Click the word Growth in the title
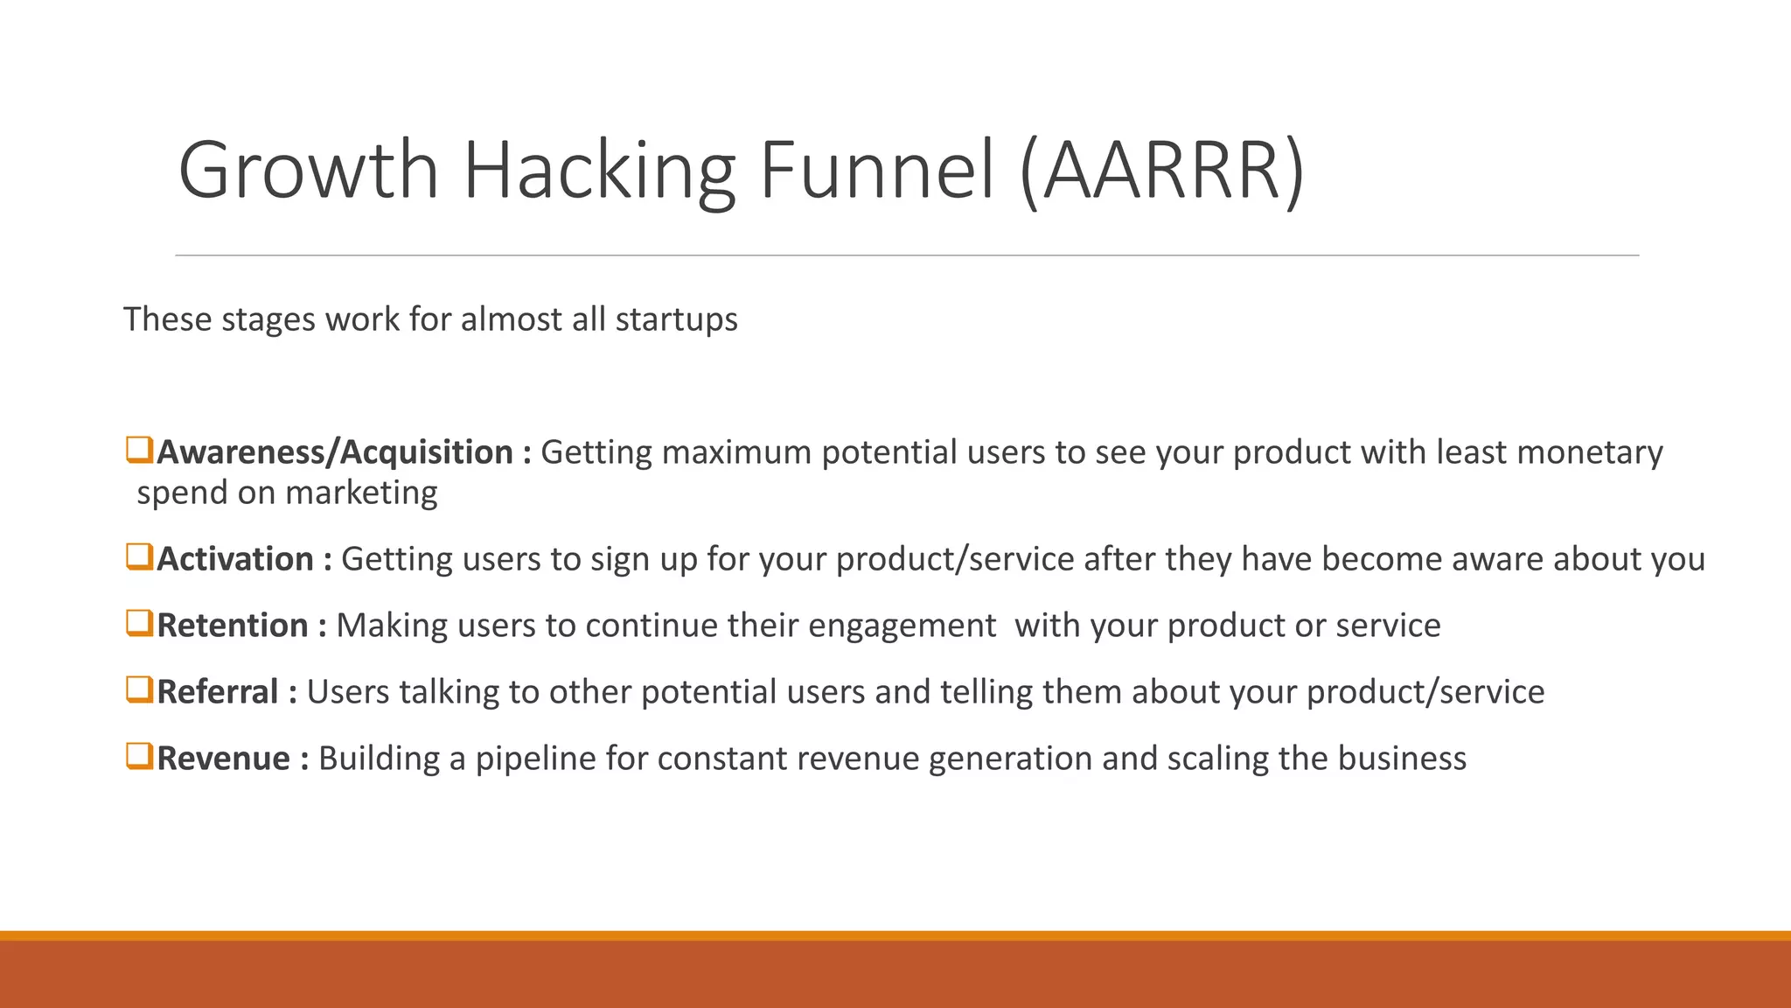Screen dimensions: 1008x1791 click(x=308, y=171)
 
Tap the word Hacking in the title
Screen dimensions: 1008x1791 click(x=598, y=171)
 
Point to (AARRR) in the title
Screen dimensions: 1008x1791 click(x=1162, y=171)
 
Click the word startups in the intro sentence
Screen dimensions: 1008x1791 click(x=676, y=319)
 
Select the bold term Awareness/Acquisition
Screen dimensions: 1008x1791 click(x=335, y=452)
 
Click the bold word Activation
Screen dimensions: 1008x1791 click(x=235, y=559)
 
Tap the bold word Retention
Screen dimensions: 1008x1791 click(x=233, y=626)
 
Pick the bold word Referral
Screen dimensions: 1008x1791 click(x=218, y=692)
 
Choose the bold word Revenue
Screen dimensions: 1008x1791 click(x=223, y=759)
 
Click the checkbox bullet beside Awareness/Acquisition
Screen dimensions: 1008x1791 click(x=139, y=451)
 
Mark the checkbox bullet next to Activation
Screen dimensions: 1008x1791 click(x=139, y=557)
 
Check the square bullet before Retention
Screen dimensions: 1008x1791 click(x=139, y=624)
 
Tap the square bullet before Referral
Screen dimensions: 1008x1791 click(x=139, y=690)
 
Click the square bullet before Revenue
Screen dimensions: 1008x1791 click(x=139, y=757)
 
